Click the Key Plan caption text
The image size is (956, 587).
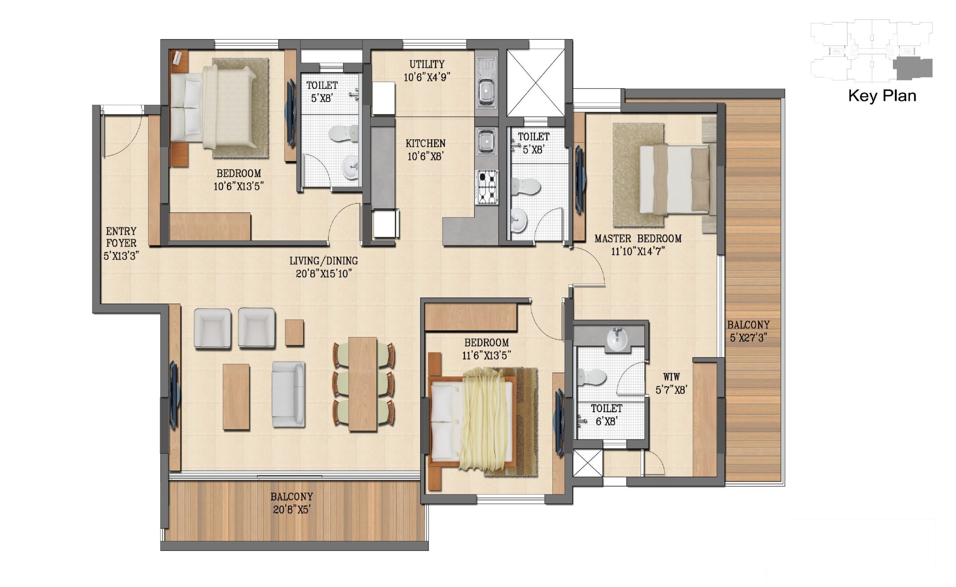882,96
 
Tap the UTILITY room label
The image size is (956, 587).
427,64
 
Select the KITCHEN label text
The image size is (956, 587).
425,143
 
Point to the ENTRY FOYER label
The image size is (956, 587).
121,237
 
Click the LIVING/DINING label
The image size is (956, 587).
324,261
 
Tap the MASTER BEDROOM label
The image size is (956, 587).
638,238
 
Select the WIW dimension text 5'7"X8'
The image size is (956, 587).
672,390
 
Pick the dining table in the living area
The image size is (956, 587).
363,384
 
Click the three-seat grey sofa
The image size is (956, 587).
289,394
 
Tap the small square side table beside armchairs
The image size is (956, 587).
294,332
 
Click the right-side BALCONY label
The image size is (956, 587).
748,325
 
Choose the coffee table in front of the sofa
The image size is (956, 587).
236,396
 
